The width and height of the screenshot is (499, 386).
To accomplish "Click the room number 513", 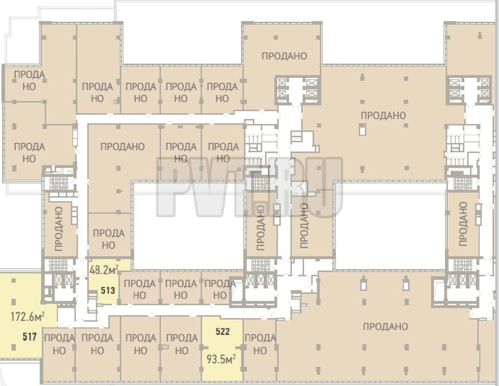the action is pyautogui.click(x=108, y=291).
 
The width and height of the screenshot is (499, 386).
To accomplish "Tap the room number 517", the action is pyautogui.click(x=30, y=337).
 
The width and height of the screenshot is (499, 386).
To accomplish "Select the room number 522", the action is pyautogui.click(x=223, y=331).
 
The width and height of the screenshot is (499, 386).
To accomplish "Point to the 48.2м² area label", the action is pyautogui.click(x=104, y=270).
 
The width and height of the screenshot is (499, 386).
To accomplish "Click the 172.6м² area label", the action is pyautogui.click(x=28, y=317).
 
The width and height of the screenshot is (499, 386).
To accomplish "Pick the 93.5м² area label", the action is pyautogui.click(x=221, y=360).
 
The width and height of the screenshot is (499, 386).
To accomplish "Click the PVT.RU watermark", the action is pyautogui.click(x=250, y=187).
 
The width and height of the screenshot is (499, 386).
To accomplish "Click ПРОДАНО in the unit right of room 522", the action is pyautogui.click(x=260, y=344).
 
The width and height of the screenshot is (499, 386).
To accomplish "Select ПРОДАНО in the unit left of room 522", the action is pyautogui.click(x=182, y=344).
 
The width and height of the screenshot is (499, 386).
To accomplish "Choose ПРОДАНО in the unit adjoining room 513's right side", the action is pyautogui.click(x=140, y=289).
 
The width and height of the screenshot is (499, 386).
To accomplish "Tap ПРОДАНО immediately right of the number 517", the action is pyautogui.click(x=59, y=344).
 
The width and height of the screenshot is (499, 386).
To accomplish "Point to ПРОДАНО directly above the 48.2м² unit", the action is pyautogui.click(x=109, y=239).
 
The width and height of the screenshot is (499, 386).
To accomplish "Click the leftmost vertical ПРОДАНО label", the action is pyautogui.click(x=59, y=229).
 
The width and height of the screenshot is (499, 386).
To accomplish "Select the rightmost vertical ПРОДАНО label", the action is pyautogui.click(x=463, y=224).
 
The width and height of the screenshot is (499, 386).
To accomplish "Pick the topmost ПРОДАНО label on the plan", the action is pyautogui.click(x=284, y=56).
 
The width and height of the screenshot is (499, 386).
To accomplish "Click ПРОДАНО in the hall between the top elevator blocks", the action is pyautogui.click(x=383, y=115).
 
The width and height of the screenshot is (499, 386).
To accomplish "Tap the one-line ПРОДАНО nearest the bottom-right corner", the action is pyautogui.click(x=385, y=326).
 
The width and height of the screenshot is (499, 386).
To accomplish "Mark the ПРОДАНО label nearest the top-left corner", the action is pyautogui.click(x=29, y=80).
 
